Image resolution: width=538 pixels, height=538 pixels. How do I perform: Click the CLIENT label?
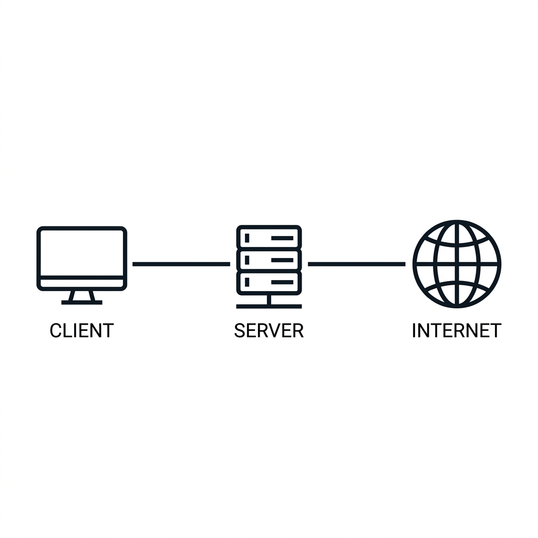point(81,330)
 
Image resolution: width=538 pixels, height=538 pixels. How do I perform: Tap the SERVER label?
point(268,330)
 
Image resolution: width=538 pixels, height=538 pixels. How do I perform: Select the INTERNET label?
point(457,330)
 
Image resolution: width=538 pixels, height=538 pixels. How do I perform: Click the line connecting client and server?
point(181,264)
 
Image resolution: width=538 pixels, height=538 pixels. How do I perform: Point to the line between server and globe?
point(357,264)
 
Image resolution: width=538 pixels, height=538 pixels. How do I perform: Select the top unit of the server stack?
point(269,237)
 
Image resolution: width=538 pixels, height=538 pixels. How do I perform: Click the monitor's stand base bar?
point(81,302)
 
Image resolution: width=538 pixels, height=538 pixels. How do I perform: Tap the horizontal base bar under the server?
point(269,306)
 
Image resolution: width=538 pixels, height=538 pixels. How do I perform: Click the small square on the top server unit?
point(247,238)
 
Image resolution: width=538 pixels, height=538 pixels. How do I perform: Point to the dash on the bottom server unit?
point(282,282)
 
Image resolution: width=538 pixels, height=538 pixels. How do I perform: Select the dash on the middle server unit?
point(282,260)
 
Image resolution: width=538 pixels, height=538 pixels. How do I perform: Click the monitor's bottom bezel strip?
point(81,283)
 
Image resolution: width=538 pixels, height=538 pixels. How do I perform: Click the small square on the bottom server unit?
point(247,282)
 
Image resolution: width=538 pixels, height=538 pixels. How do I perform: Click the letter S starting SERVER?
point(240,330)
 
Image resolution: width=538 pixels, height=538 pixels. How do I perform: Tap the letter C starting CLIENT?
point(56,330)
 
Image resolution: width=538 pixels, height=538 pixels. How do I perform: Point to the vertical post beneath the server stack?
point(269,299)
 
